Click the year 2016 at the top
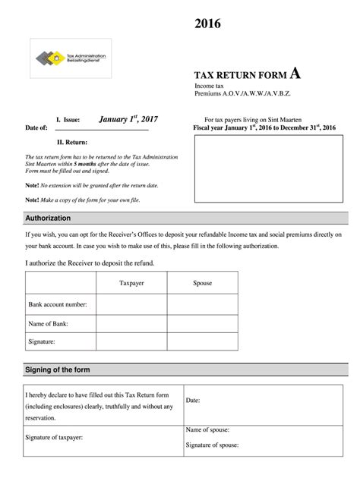point(207,25)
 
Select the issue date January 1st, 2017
point(128,118)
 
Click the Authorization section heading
point(48,219)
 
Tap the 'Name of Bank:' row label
point(49,323)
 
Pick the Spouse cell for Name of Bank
point(203,323)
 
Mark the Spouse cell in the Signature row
point(203,342)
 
